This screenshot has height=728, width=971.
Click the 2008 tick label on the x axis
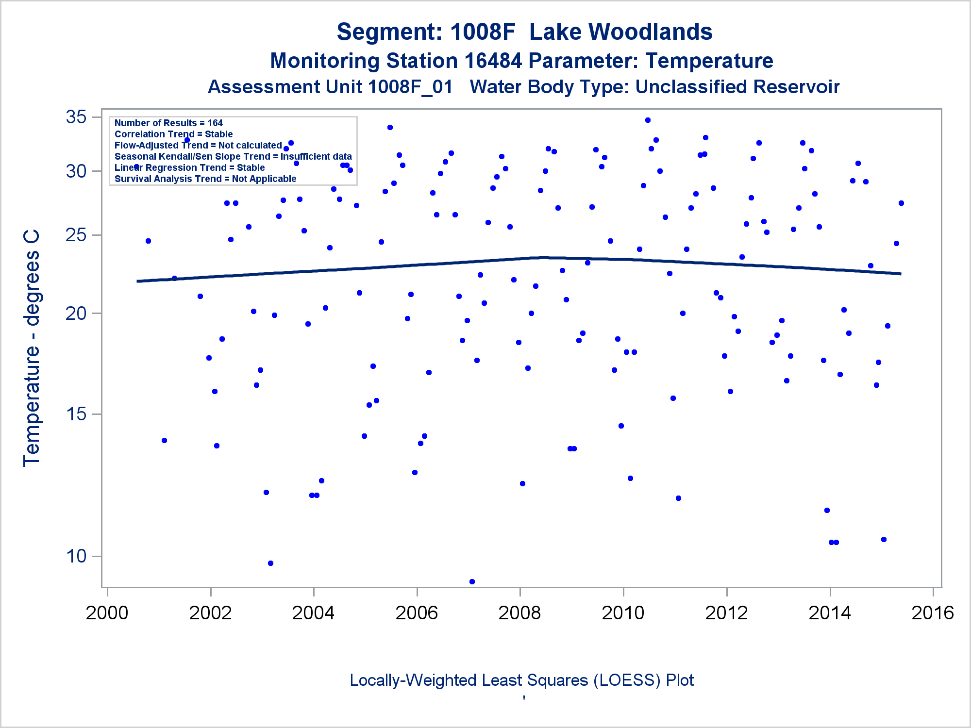point(519,613)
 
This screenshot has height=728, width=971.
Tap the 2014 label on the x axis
point(830,613)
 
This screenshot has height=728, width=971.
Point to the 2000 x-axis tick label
point(107,613)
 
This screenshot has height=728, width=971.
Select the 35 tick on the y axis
point(76,117)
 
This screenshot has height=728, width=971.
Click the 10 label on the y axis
point(76,556)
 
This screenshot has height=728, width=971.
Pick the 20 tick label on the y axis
point(76,314)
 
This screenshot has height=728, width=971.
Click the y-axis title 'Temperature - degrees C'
point(31,348)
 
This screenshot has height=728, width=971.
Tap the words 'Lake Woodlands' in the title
point(620,32)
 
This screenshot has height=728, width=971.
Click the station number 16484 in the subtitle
point(493,61)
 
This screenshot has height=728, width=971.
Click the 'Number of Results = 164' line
point(168,123)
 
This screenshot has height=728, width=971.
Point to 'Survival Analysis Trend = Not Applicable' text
point(205,179)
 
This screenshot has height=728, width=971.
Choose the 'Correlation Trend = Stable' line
point(173,134)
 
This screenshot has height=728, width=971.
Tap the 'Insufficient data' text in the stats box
point(316,157)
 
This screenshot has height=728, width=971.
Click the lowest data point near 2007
point(472,581)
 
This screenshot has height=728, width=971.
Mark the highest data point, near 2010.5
point(648,120)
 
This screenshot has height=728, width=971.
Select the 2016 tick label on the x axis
point(933,613)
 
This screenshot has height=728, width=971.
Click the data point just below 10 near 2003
point(270,563)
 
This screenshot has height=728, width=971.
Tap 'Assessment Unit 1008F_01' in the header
point(330,87)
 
